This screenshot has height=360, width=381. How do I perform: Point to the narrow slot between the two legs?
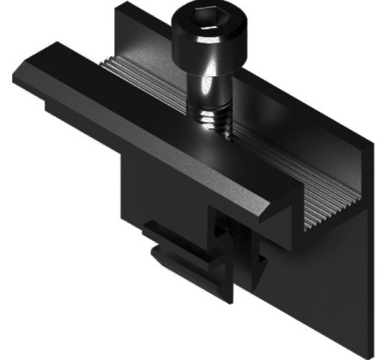pos(226,254)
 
